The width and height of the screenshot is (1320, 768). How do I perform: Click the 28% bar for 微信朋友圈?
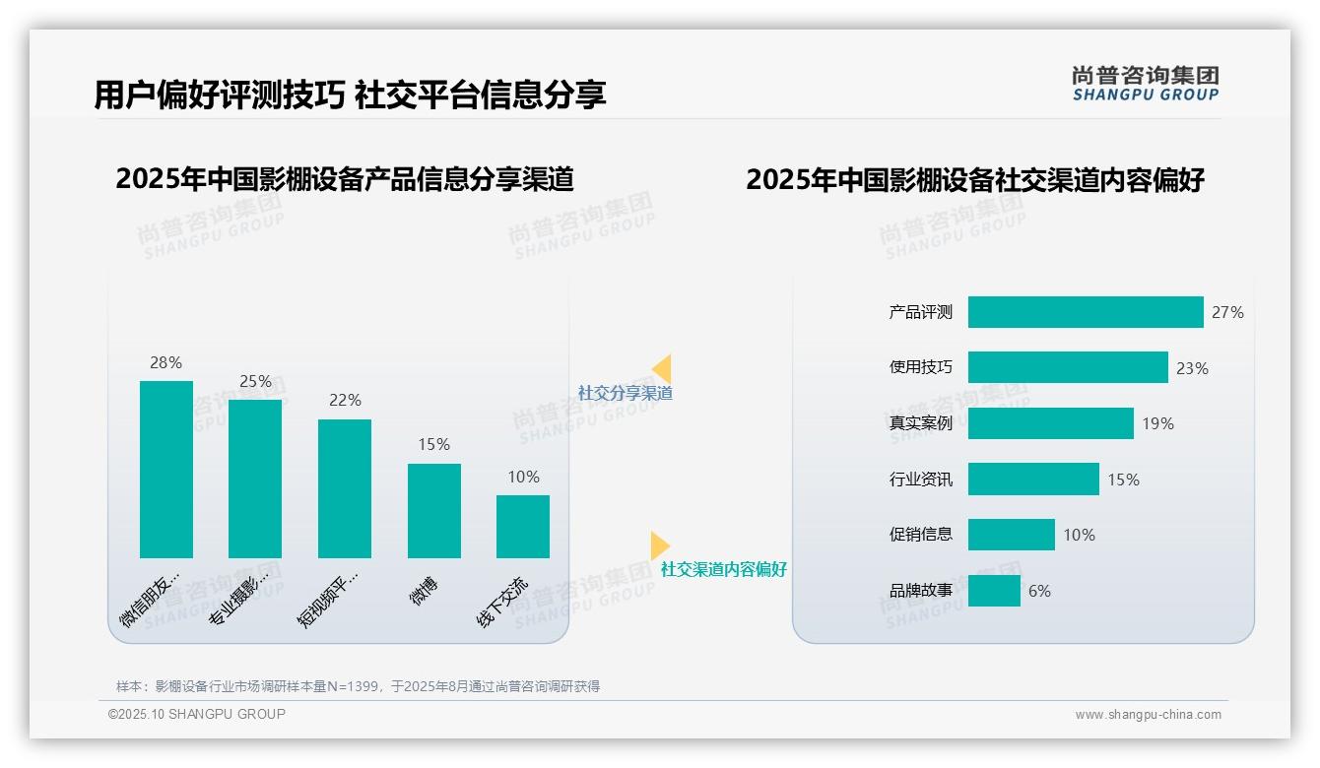[166, 469]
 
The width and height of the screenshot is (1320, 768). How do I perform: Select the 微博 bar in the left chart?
[434, 510]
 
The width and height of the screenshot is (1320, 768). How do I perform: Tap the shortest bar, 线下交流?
[523, 526]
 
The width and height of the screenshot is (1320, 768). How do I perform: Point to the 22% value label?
[345, 400]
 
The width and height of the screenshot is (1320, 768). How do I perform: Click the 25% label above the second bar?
[255, 381]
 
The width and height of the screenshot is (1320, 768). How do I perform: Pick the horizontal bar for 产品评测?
[1086, 312]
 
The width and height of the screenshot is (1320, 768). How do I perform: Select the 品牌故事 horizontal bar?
[994, 591]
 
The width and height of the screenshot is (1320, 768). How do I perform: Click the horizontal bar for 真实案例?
[1050, 423]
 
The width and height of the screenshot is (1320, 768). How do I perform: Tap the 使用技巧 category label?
[921, 367]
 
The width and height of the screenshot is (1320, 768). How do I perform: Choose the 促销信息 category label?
[921, 535]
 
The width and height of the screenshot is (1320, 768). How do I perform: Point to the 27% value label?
[1227, 312]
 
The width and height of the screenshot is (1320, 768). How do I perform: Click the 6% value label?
[1039, 591]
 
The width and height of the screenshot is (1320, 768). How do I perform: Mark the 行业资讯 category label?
[921, 480]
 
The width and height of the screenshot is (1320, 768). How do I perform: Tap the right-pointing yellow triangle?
[659, 544]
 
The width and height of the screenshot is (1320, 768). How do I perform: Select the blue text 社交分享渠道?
[626, 393]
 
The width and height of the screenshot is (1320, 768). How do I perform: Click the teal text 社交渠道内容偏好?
[724, 569]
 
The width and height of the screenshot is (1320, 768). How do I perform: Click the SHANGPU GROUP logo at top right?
[1146, 84]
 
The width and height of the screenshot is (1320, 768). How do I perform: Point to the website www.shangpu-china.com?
[1148, 715]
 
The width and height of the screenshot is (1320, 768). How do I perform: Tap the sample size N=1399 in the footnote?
[356, 686]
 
